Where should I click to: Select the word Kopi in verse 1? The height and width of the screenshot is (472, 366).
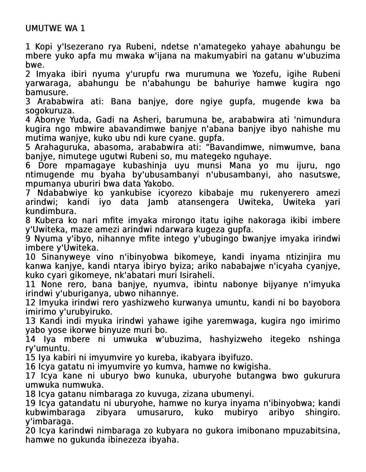pyautogui.click(x=42, y=47)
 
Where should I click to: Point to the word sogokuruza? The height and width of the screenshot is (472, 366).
pyautogui.click(x=50, y=111)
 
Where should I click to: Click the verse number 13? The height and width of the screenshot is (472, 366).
pyautogui.click(x=30, y=321)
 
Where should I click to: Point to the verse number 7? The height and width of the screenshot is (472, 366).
pyautogui.click(x=28, y=193)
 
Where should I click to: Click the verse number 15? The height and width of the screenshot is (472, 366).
pyautogui.click(x=30, y=358)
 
